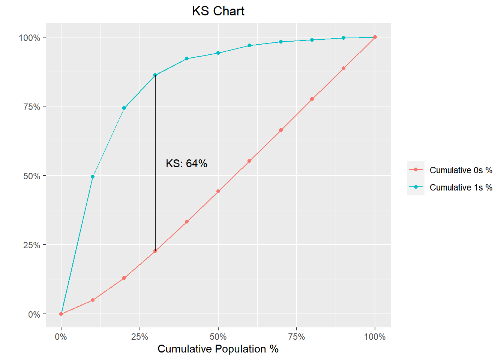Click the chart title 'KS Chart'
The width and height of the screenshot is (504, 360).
pyautogui.click(x=218, y=11)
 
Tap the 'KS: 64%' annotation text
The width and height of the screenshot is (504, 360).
pyautogui.click(x=186, y=163)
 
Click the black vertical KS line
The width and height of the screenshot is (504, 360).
pyautogui.click(x=155, y=163)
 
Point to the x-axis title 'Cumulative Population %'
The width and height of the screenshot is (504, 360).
pyautogui.click(x=218, y=349)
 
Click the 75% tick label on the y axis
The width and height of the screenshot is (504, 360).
pyautogui.click(x=32, y=107)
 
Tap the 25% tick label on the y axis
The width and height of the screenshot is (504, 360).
pyautogui.click(x=32, y=245)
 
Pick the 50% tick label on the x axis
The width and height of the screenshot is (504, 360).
pyautogui.click(x=218, y=337)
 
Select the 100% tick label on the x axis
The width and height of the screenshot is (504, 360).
pyautogui.click(x=375, y=337)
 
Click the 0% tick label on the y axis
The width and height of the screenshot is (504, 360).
pyautogui.click(x=34, y=315)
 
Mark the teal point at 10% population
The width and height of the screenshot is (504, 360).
pyautogui.click(x=93, y=177)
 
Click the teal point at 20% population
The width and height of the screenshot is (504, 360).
pyautogui.click(x=124, y=108)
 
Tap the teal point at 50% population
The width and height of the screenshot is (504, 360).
pyautogui.click(x=218, y=53)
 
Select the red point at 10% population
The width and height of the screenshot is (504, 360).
pyautogui.click(x=93, y=300)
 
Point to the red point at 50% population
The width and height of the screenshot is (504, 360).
pyautogui.click(x=218, y=191)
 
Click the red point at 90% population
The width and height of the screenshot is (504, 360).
pyautogui.click(x=343, y=68)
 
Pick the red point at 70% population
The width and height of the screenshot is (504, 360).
pyautogui.click(x=281, y=130)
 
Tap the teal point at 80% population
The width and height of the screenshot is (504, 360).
pyautogui.click(x=312, y=40)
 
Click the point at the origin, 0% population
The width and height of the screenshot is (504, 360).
pyautogui.click(x=61, y=314)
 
